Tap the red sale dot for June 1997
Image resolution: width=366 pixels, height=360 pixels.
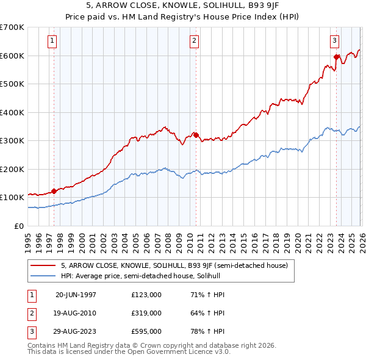54,191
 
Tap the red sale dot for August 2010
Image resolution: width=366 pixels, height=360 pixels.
196,135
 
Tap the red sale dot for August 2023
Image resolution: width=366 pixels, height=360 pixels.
336,57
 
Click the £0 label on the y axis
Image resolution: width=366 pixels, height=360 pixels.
18,226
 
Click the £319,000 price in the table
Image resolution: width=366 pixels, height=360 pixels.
146,313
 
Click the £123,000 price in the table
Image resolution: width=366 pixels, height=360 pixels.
146,295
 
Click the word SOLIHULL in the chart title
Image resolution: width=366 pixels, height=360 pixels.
207,5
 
